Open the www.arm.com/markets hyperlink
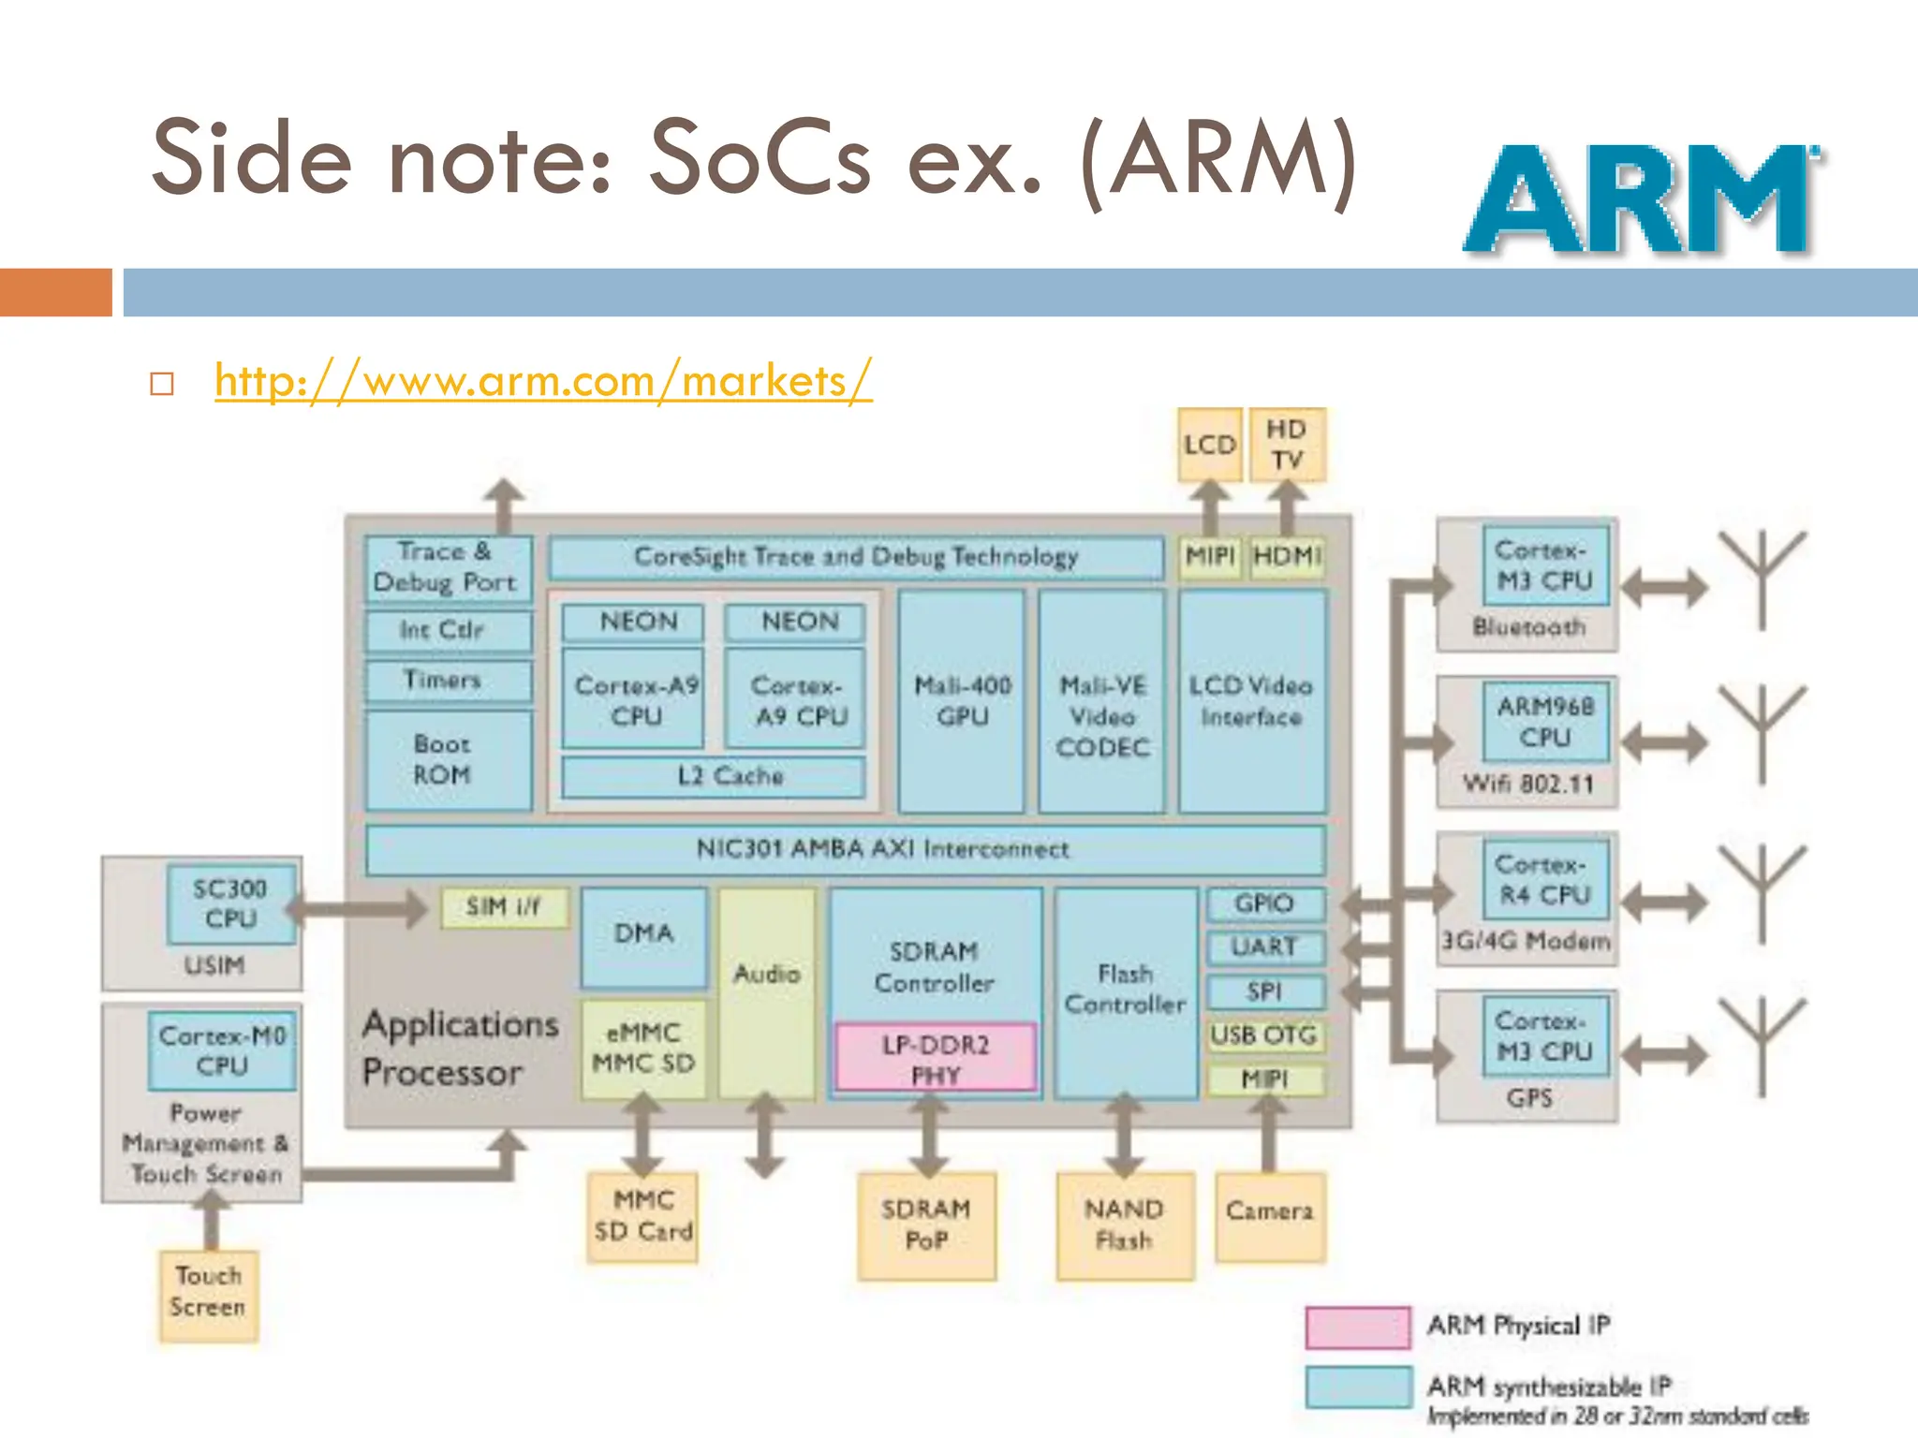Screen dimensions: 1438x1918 (x=543, y=381)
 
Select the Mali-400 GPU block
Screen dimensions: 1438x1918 (x=962, y=700)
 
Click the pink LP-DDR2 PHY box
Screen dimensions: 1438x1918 (x=936, y=1058)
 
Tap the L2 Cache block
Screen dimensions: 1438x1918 (x=714, y=776)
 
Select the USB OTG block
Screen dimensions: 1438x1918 (x=1265, y=1035)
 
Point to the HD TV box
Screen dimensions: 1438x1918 (x=1288, y=445)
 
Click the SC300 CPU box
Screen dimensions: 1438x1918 (x=231, y=903)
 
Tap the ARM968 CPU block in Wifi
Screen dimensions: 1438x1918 (x=1545, y=721)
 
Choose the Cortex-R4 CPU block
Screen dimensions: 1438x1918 (x=1545, y=879)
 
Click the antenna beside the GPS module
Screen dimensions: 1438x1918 (x=1762, y=1044)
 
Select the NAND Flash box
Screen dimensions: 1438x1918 (x=1125, y=1225)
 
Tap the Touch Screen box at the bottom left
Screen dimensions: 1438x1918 (x=208, y=1293)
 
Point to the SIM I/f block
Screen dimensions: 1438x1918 (x=504, y=907)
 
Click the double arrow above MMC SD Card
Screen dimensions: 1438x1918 (x=643, y=1136)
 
